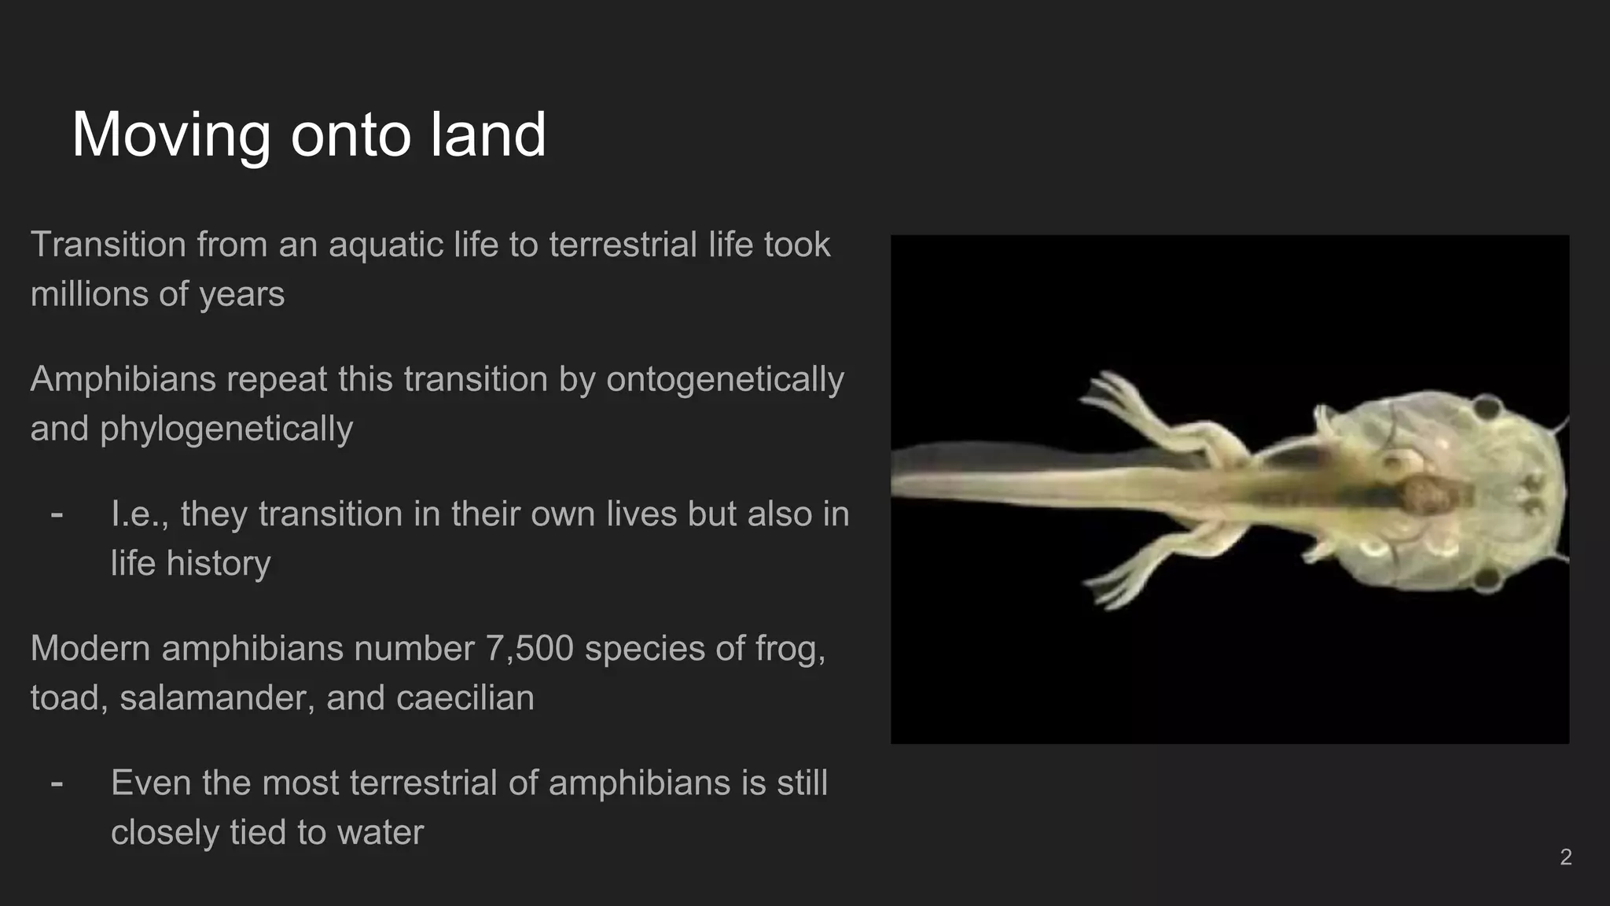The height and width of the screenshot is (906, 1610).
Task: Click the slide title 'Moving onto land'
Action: (308, 134)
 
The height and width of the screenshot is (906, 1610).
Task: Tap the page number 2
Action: (1565, 856)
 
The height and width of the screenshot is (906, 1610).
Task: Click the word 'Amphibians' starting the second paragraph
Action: (123, 379)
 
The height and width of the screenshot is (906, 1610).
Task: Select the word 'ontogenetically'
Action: (724, 379)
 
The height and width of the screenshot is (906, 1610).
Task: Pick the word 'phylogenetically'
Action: (226, 429)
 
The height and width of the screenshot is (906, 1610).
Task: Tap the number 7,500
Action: (529, 649)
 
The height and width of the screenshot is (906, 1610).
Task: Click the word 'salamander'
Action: (218, 698)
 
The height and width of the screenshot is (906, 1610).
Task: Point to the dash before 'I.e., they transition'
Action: (57, 514)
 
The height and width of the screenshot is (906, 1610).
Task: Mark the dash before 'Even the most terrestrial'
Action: (57, 783)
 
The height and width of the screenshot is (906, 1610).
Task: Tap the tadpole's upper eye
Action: (1487, 407)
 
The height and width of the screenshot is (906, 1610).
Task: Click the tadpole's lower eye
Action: (1486, 580)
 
